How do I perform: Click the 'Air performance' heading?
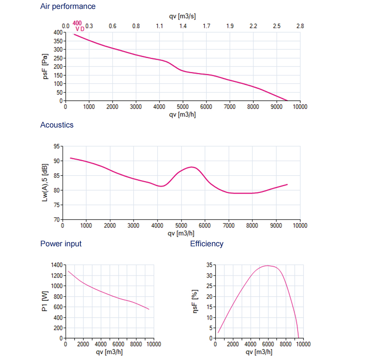68,7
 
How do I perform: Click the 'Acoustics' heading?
57,125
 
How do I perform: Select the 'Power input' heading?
61,244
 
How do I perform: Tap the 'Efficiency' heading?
207,244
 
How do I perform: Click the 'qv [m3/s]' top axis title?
183,16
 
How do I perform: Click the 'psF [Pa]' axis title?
46,67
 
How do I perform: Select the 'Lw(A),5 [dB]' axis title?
46,183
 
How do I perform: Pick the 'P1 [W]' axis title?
46,302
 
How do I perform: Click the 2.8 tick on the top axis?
300,26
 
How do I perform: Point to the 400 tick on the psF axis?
58,32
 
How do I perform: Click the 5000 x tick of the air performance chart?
183,107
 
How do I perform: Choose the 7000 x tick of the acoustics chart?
229,225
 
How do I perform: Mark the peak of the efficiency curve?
267,266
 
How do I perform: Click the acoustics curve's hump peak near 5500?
192,167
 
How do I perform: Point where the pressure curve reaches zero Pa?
287,101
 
